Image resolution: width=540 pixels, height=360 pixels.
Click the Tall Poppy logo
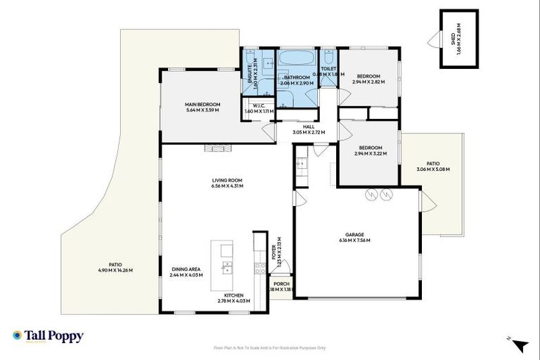coord(48,336)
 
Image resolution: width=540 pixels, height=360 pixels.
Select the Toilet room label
coord(328,70)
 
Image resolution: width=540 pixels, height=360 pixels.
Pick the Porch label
coord(281,284)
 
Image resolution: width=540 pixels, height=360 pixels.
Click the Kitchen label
coord(233,295)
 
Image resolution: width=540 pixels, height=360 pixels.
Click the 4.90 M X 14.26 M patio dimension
coord(115,270)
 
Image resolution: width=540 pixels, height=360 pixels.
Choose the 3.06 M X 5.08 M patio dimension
coord(432,169)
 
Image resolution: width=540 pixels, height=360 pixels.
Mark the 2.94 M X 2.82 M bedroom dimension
coord(368,82)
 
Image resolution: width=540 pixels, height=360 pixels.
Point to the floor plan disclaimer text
coord(269,347)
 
